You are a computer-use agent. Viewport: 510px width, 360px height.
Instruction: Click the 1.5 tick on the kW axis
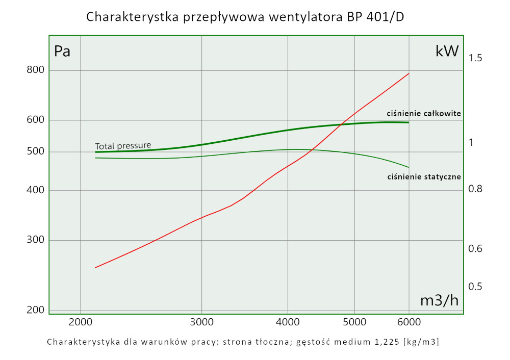click(x=475, y=58)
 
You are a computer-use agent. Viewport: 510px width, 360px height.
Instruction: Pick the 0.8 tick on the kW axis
click(x=475, y=190)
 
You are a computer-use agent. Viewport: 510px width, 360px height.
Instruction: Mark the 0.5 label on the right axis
click(x=475, y=287)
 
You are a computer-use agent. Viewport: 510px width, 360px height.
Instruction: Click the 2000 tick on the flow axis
click(x=80, y=322)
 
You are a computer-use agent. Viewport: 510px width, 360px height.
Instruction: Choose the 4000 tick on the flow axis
click(x=288, y=322)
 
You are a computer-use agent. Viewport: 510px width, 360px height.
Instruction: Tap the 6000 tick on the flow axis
click(x=409, y=322)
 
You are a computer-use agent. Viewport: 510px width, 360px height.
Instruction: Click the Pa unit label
click(x=62, y=52)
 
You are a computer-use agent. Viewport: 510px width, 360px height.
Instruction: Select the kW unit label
click(x=447, y=51)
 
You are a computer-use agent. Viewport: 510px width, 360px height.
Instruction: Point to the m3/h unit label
click(x=439, y=301)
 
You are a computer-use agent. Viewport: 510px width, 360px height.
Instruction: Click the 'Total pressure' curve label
click(x=123, y=145)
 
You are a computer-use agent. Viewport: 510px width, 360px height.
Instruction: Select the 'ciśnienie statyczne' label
click(x=424, y=177)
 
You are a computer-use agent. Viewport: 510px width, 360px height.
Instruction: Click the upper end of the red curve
click(x=409, y=73)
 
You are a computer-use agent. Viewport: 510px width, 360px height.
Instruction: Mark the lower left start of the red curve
click(x=95, y=268)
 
